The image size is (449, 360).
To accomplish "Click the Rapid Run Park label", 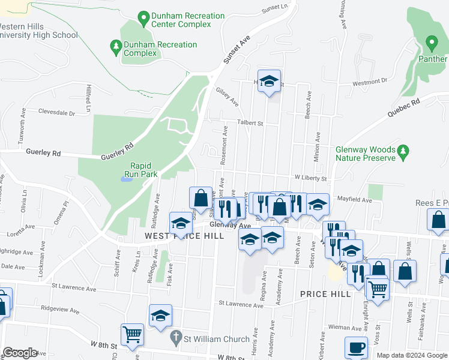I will [144, 170].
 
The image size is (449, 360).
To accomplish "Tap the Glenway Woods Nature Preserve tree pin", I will [404, 153].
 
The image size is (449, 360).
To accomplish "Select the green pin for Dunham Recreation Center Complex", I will [143, 19].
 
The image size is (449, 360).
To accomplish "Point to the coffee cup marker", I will [356, 348].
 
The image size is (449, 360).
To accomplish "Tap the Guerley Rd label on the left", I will [43, 153].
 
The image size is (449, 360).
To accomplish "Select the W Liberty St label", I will [310, 178].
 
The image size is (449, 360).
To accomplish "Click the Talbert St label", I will [252, 124].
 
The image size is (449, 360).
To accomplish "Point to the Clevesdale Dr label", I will [56, 112].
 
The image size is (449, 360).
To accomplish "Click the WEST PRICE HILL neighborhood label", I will [184, 236].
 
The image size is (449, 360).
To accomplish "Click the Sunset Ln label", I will [275, 10].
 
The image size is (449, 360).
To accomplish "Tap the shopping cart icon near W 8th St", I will [132, 335].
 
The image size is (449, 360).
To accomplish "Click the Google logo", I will [20, 353].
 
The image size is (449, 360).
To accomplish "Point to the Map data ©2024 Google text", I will [411, 355].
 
